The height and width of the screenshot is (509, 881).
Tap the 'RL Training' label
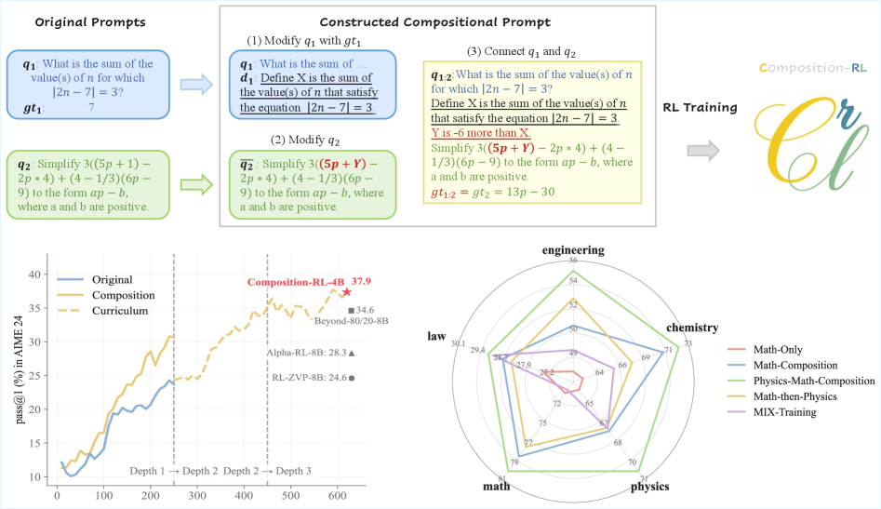point(700,108)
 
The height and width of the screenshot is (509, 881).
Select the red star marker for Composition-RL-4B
point(347,292)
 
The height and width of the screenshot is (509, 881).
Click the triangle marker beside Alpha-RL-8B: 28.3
point(352,353)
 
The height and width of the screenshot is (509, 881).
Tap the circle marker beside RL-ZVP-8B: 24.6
point(352,377)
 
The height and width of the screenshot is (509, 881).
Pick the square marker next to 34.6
point(351,310)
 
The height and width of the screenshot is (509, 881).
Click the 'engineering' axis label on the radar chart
point(574,249)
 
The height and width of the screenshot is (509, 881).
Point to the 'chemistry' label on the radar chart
point(691,328)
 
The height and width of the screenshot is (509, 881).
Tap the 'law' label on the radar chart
point(437,335)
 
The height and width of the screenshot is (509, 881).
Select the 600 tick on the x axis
point(337,494)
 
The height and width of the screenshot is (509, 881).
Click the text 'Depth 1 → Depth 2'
point(173,471)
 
